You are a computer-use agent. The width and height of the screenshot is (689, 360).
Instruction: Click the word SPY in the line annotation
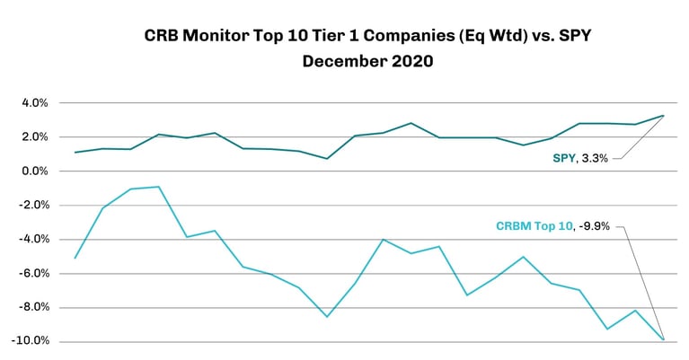coord(563,158)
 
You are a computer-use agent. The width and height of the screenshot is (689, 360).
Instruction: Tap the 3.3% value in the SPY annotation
coord(594,158)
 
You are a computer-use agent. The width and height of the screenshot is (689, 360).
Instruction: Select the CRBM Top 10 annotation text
coord(534,226)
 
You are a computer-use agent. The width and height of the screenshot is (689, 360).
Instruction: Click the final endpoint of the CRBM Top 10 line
coord(663,339)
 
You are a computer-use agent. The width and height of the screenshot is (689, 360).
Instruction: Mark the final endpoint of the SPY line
coord(663,115)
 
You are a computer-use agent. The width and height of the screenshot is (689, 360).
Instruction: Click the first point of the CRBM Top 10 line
coord(75,258)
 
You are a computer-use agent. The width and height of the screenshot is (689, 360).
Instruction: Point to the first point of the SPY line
coord(75,153)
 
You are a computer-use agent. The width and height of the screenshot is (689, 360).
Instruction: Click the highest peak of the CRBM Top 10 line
coord(159,187)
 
